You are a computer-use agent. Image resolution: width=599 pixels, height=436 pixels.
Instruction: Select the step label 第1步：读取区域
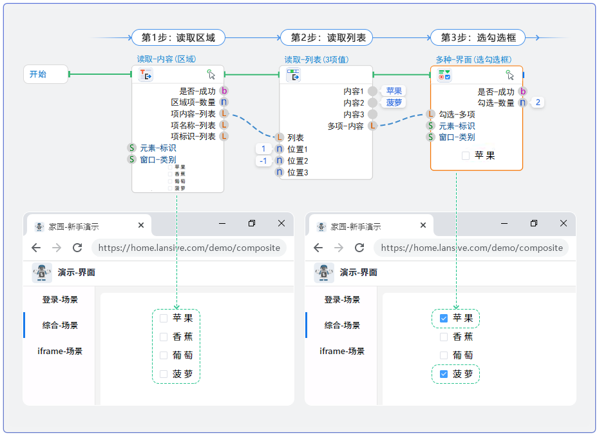[x=178, y=37]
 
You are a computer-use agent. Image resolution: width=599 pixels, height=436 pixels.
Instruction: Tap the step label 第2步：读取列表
[x=327, y=37]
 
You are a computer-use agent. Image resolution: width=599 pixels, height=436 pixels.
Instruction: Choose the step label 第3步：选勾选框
[x=478, y=37]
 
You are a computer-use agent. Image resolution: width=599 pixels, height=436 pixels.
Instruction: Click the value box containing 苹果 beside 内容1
[x=394, y=91]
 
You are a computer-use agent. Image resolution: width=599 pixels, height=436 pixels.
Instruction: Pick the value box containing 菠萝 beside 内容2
[x=394, y=103]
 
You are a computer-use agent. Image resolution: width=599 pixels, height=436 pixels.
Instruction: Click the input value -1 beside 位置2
[x=263, y=161]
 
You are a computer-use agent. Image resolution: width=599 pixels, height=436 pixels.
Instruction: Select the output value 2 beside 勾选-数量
[x=538, y=102]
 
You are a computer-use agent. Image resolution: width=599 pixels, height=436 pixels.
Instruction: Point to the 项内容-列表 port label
[x=193, y=114]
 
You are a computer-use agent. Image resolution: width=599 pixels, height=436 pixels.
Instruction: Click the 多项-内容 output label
[x=346, y=126]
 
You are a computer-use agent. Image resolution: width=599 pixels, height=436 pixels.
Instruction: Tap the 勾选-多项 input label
[x=457, y=114]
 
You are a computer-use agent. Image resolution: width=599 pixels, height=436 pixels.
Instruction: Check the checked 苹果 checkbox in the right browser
[x=443, y=318]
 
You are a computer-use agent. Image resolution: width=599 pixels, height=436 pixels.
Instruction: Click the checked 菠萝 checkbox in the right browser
[x=443, y=374]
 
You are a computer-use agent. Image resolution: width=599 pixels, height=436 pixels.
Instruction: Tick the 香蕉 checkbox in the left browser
[x=164, y=337]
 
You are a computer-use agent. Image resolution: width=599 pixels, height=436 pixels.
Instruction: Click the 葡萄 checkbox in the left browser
[x=164, y=355]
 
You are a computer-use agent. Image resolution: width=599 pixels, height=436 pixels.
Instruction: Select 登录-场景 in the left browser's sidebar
[x=60, y=300]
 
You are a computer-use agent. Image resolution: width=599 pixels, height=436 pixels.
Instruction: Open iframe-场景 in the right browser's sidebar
[x=342, y=352]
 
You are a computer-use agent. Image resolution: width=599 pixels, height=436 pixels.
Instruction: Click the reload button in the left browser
[x=77, y=248]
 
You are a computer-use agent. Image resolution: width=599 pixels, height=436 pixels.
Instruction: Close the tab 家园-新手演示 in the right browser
[x=423, y=226]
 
